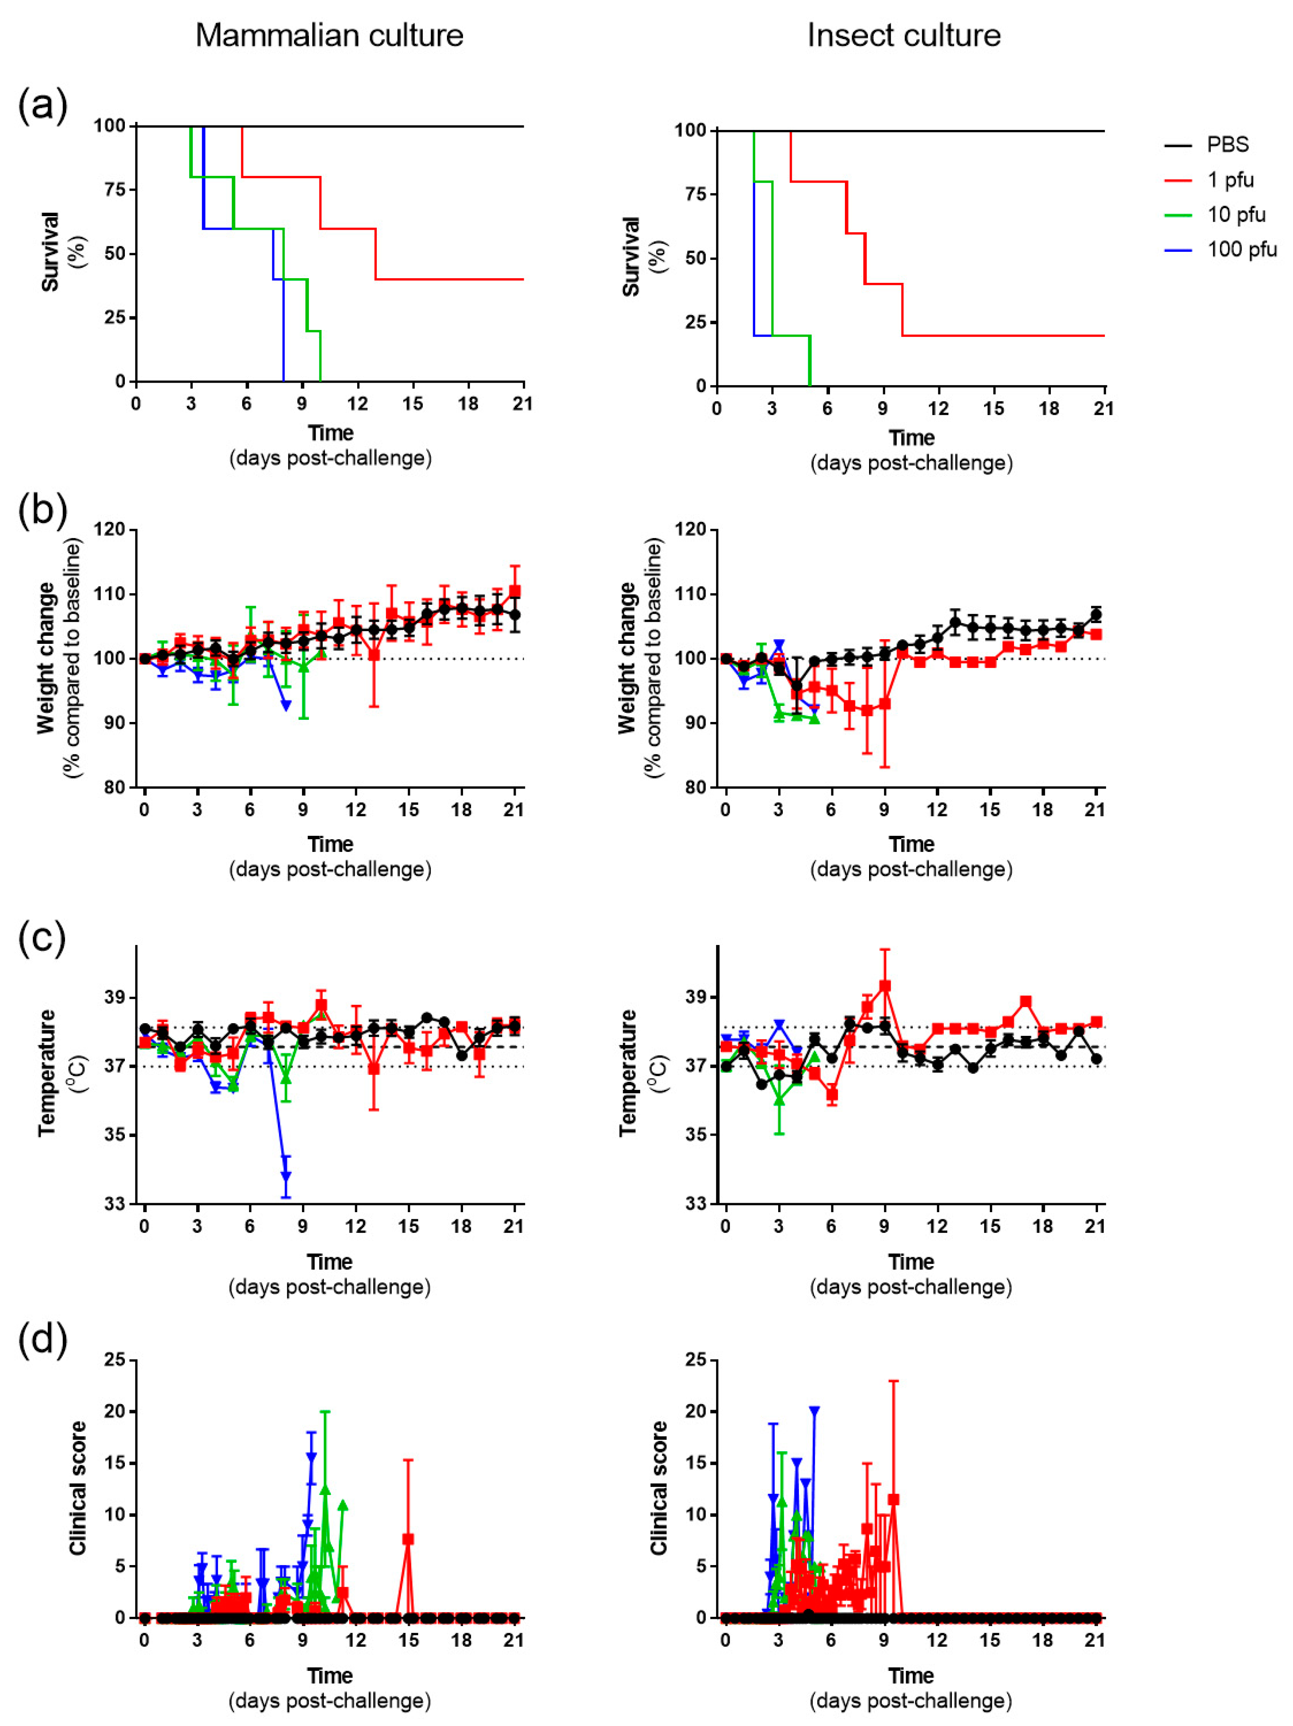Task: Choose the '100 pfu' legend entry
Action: point(1242,250)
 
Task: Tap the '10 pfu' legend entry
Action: point(1236,214)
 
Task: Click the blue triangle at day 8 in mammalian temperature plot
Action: point(285,1176)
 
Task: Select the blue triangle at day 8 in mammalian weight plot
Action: point(285,705)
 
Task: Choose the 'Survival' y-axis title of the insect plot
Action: point(630,257)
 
